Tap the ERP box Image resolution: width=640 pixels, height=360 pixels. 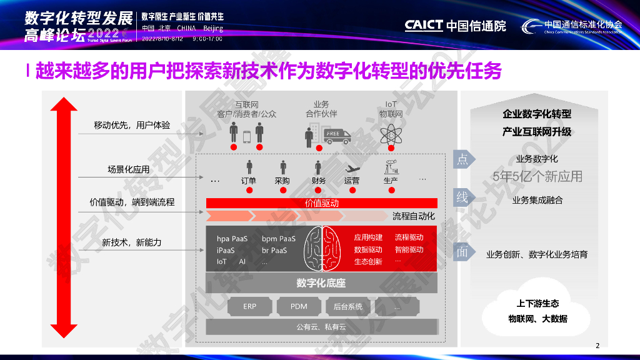tap(250, 307)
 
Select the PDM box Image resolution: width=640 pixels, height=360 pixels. tap(299, 307)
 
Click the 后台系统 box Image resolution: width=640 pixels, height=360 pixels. tap(348, 307)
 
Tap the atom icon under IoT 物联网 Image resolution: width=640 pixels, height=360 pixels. tap(391, 134)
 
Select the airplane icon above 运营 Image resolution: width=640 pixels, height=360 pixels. tap(352, 168)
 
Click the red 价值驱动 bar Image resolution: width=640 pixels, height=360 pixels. tap(321, 203)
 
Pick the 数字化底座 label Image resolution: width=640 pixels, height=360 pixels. tap(321, 283)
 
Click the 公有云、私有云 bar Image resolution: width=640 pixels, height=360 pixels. tap(321, 327)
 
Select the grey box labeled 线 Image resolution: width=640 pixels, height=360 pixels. tap(462, 198)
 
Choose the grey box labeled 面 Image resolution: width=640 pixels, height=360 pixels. tap(462, 252)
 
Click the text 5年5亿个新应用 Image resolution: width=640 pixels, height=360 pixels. tap(537, 176)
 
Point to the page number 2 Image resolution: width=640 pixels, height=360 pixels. tap(597, 346)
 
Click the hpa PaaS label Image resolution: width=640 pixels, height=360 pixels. tap(232, 239)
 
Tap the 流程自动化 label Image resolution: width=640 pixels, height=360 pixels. tap(413, 216)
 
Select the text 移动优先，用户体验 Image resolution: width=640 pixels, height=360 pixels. tap(132, 125)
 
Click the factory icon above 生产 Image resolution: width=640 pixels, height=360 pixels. tap(391, 167)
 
